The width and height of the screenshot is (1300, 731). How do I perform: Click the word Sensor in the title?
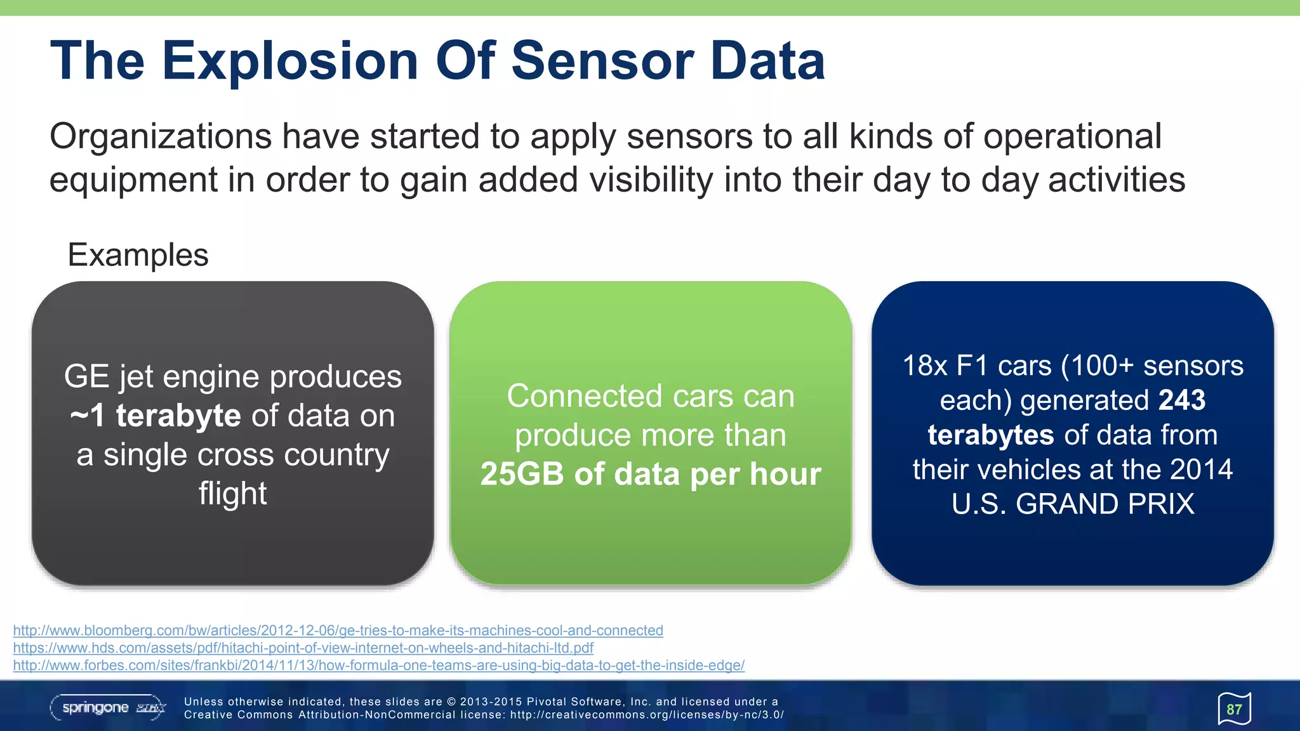pyautogui.click(x=602, y=62)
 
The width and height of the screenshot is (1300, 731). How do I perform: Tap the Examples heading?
pyautogui.click(x=138, y=255)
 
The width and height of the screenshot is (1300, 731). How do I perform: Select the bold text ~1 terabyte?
pyautogui.click(x=156, y=416)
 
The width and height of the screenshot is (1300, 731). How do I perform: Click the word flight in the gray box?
pyautogui.click(x=232, y=494)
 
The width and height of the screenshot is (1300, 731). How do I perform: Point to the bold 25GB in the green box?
pyautogui.click(x=522, y=474)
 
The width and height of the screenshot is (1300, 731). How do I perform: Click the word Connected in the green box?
pyautogui.click(x=585, y=397)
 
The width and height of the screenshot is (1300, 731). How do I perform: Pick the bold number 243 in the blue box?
pyautogui.click(x=1181, y=400)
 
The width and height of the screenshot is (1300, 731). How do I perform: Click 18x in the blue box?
pyautogui.click(x=925, y=366)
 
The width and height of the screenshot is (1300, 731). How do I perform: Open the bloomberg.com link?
pyautogui.click(x=338, y=631)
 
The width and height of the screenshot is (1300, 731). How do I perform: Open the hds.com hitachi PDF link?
pyautogui.click(x=303, y=648)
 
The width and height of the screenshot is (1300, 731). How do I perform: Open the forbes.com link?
pyautogui.click(x=378, y=666)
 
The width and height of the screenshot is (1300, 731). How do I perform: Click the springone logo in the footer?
pyautogui.click(x=108, y=708)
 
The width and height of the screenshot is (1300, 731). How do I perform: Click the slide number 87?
pyautogui.click(x=1234, y=709)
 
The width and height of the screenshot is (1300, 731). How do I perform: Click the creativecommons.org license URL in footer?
pyautogui.click(x=647, y=715)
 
